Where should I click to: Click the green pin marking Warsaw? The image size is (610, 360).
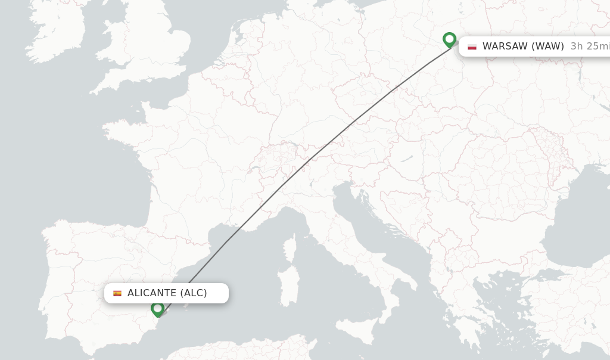coord(449,39)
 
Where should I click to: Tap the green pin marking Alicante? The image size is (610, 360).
coord(157,309)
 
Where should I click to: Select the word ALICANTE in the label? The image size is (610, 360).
coord(152,293)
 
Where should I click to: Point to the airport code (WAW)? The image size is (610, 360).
coord(548,46)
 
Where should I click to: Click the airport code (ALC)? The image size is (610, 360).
coord(194,293)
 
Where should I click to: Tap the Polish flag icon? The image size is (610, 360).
coord(472,46)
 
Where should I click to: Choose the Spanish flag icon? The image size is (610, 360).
coord(117,293)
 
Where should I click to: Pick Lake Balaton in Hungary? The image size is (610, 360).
coord(407,160)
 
